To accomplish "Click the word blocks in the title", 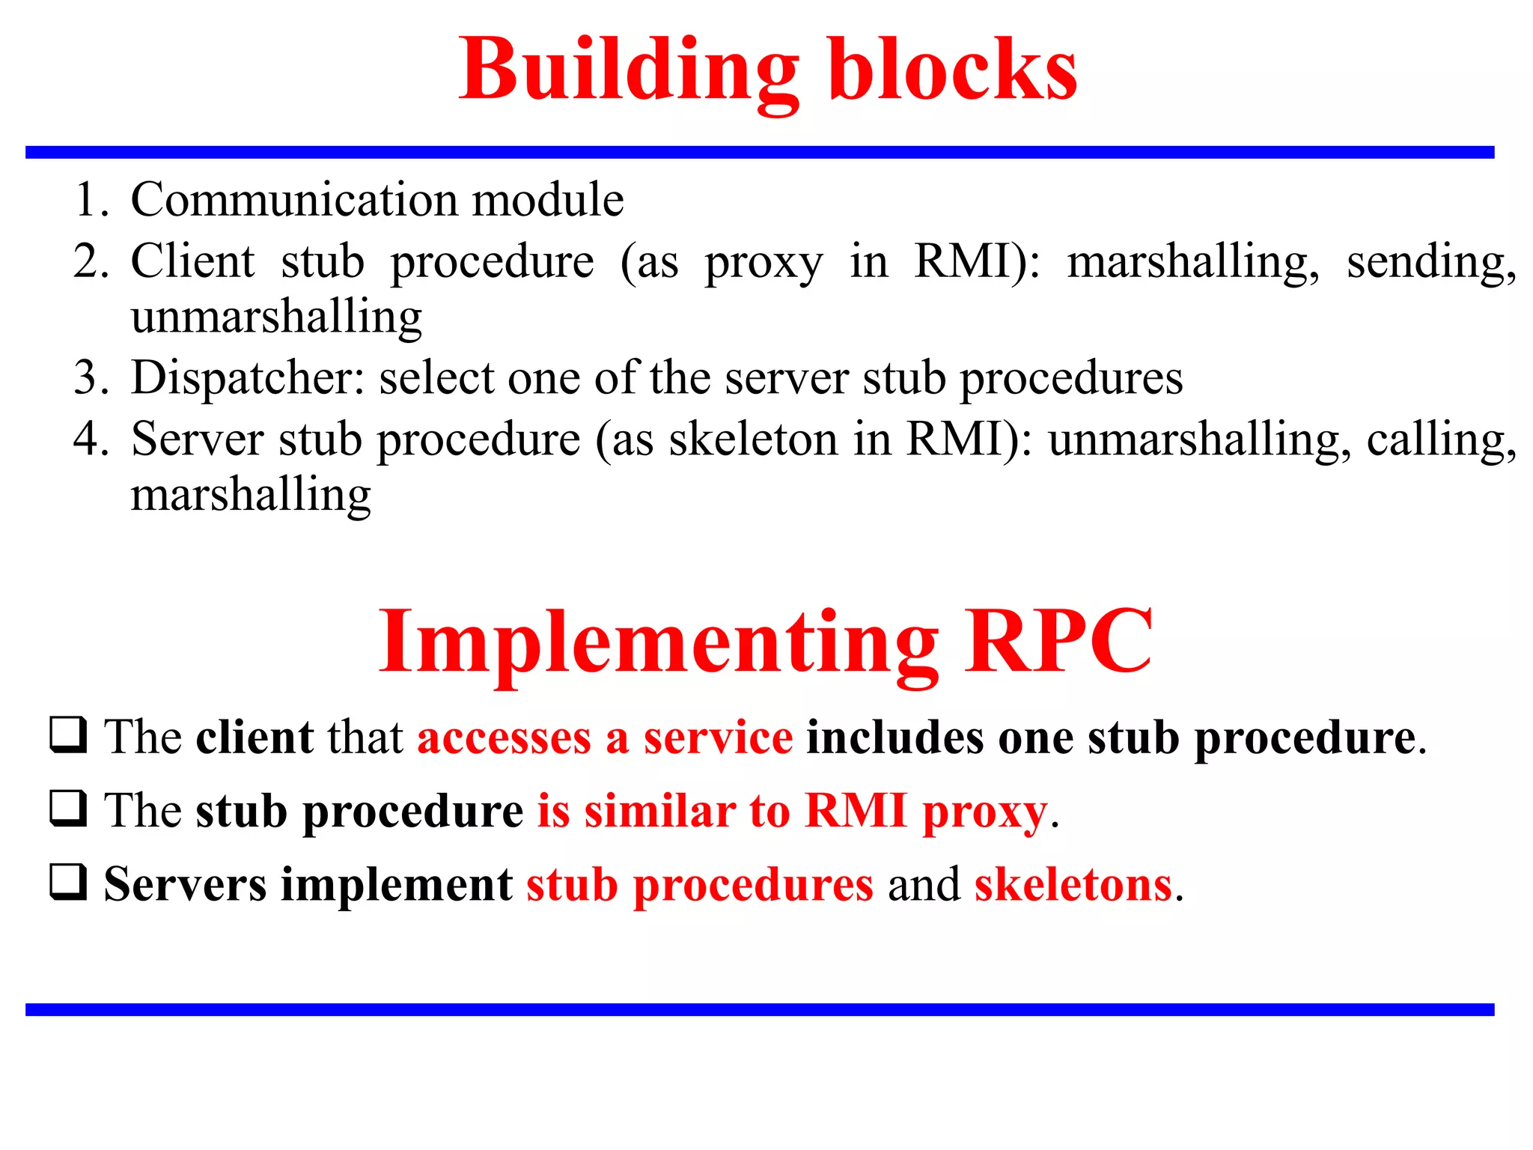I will (x=952, y=71).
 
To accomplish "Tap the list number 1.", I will (x=91, y=201).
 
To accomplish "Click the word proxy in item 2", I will (x=763, y=264).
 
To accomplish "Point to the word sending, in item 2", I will (x=1430, y=264).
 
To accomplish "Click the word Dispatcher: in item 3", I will (x=248, y=378).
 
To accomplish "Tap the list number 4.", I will (x=91, y=439).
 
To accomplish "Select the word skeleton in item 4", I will (x=753, y=439).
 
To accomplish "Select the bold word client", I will (x=255, y=737).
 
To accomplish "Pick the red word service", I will (x=718, y=737).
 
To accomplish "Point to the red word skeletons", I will (x=1073, y=885).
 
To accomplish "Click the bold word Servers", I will (x=185, y=885).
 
